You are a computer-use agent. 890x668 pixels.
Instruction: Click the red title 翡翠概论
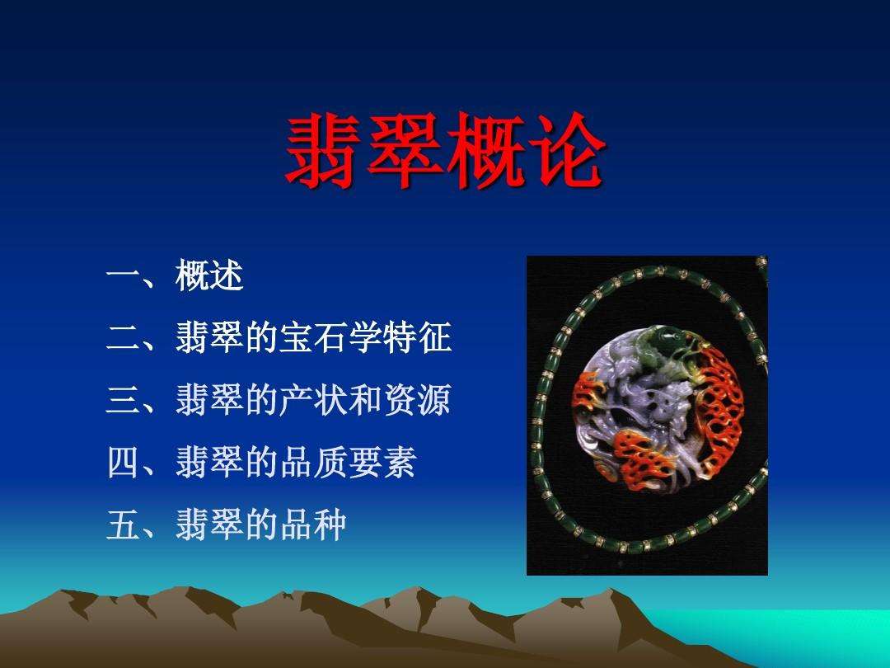click(444, 152)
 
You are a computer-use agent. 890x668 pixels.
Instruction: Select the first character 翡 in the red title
click(324, 152)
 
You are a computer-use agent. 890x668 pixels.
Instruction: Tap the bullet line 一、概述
click(175, 278)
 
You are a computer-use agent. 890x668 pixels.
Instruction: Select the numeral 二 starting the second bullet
click(123, 339)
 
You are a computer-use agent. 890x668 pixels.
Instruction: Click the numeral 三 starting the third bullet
click(123, 402)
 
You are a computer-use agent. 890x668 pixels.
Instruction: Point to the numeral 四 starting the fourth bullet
click(123, 463)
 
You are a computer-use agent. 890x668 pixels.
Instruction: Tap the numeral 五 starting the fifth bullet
click(123, 525)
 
